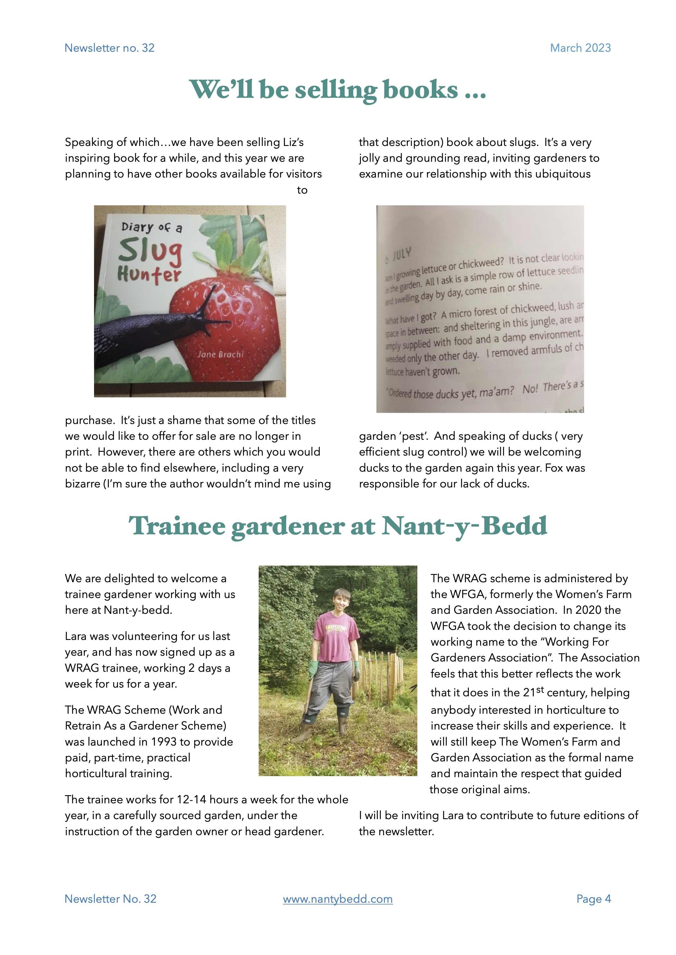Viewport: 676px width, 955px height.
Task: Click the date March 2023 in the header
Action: click(580, 48)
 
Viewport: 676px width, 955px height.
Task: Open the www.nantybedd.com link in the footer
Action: click(337, 899)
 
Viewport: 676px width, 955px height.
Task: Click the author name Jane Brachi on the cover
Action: click(220, 354)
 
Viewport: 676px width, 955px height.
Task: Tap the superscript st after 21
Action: click(540, 689)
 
